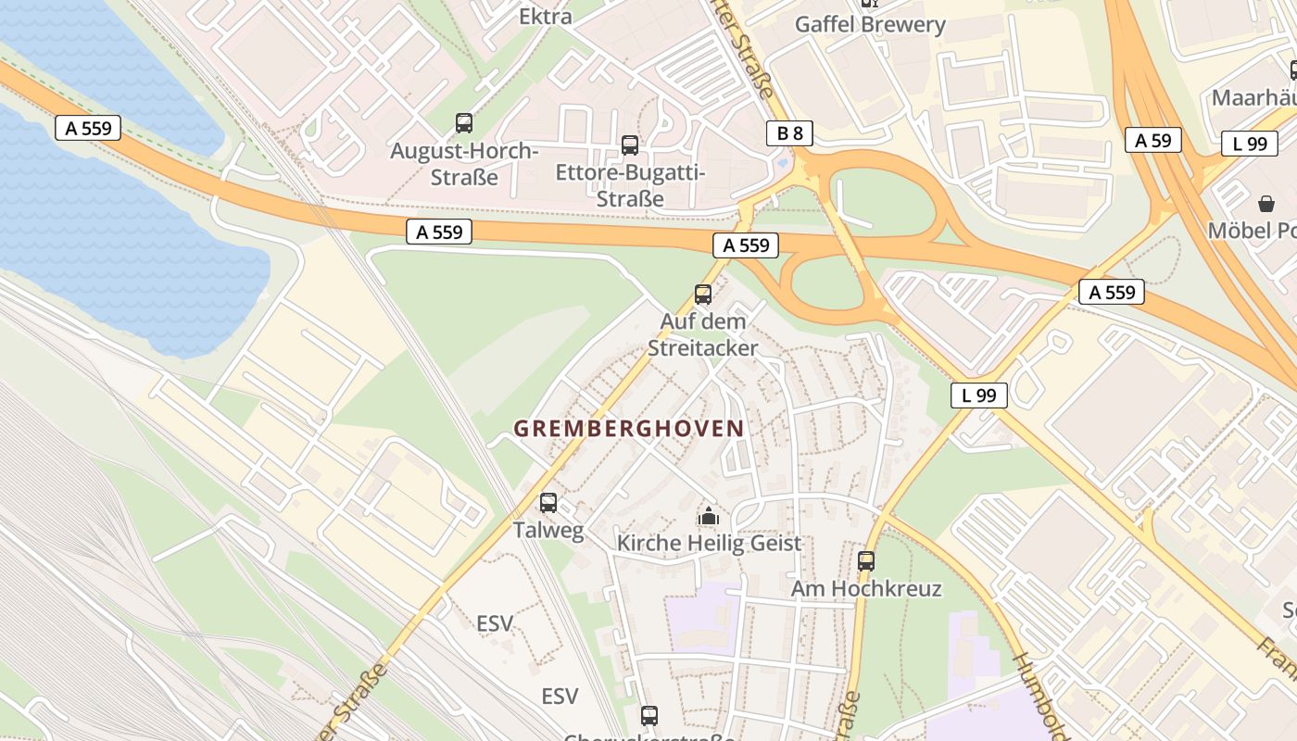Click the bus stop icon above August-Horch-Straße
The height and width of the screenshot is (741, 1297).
[x=464, y=122]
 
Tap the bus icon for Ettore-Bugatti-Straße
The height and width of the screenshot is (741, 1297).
[x=630, y=144]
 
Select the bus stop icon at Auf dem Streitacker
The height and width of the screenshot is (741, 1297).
[x=703, y=295]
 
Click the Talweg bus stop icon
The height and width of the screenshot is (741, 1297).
[x=548, y=503]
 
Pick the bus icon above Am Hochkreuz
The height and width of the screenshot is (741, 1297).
[x=866, y=560]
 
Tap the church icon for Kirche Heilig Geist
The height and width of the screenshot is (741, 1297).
[x=709, y=516]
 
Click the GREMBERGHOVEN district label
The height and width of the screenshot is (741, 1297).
[x=629, y=429]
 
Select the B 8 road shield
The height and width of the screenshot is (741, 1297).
[x=789, y=133]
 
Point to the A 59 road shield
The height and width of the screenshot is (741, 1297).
[x=1153, y=140]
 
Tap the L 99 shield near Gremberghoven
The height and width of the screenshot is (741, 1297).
[x=979, y=396]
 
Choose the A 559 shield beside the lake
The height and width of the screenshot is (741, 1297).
[x=89, y=128]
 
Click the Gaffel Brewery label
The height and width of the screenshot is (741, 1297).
[x=870, y=25]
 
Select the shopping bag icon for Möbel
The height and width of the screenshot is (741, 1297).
[x=1266, y=203]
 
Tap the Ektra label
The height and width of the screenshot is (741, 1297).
[x=545, y=16]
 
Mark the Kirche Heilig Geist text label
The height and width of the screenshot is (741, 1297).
[x=709, y=544]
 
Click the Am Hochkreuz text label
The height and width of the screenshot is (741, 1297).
[x=866, y=589]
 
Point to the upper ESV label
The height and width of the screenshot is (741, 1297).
[x=495, y=623]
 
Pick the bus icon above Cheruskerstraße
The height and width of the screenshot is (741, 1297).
[x=649, y=715]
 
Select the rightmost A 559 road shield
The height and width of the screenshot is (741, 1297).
[x=1112, y=293]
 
